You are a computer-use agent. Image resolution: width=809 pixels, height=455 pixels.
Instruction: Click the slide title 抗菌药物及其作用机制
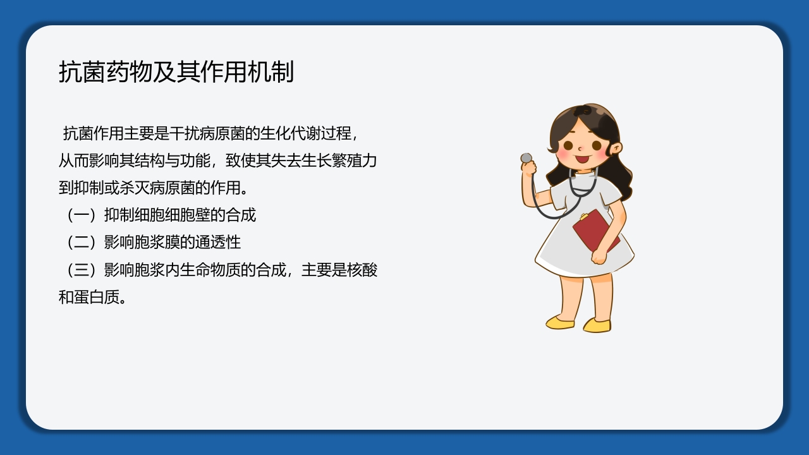point(176,72)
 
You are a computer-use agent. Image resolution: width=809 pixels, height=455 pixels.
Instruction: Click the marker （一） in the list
point(81,215)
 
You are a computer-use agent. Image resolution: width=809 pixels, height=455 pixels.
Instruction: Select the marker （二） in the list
point(81,242)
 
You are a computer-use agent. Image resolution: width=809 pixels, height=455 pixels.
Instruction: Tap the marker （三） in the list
point(81,270)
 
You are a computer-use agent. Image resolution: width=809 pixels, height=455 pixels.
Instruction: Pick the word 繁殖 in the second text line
point(347,161)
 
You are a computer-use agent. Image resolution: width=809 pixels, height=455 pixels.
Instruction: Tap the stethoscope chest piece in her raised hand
point(526,157)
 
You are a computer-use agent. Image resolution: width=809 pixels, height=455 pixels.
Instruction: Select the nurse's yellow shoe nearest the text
point(560,322)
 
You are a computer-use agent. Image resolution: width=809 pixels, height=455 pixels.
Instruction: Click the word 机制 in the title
point(279,72)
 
